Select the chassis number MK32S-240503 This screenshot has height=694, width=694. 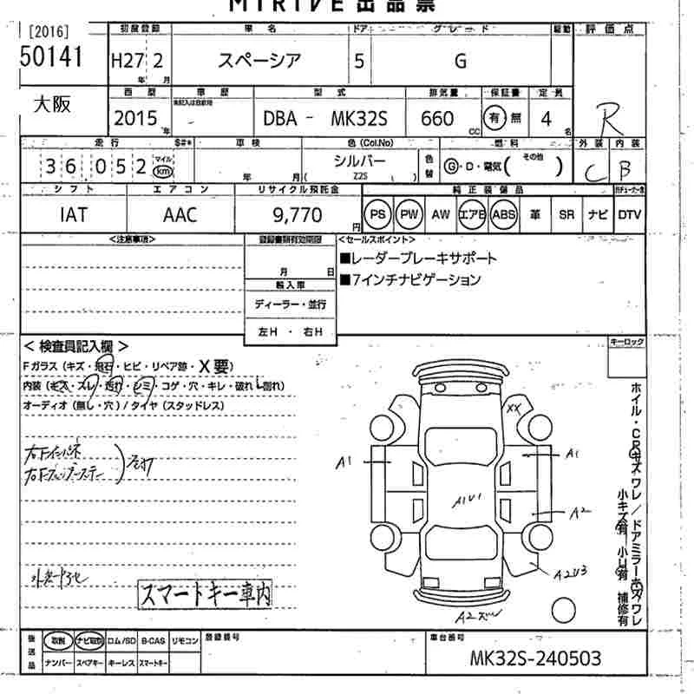point(535,658)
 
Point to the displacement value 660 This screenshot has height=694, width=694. point(436,118)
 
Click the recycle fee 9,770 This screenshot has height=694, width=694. point(297,214)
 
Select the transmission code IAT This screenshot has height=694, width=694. point(75,214)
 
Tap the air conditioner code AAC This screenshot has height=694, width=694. point(180,214)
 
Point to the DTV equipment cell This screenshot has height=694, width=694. point(629,214)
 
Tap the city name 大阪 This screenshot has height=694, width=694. point(52,104)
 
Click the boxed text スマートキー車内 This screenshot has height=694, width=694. point(205,595)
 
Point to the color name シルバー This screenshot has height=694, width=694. point(362,160)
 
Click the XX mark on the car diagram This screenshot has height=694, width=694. point(514,407)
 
